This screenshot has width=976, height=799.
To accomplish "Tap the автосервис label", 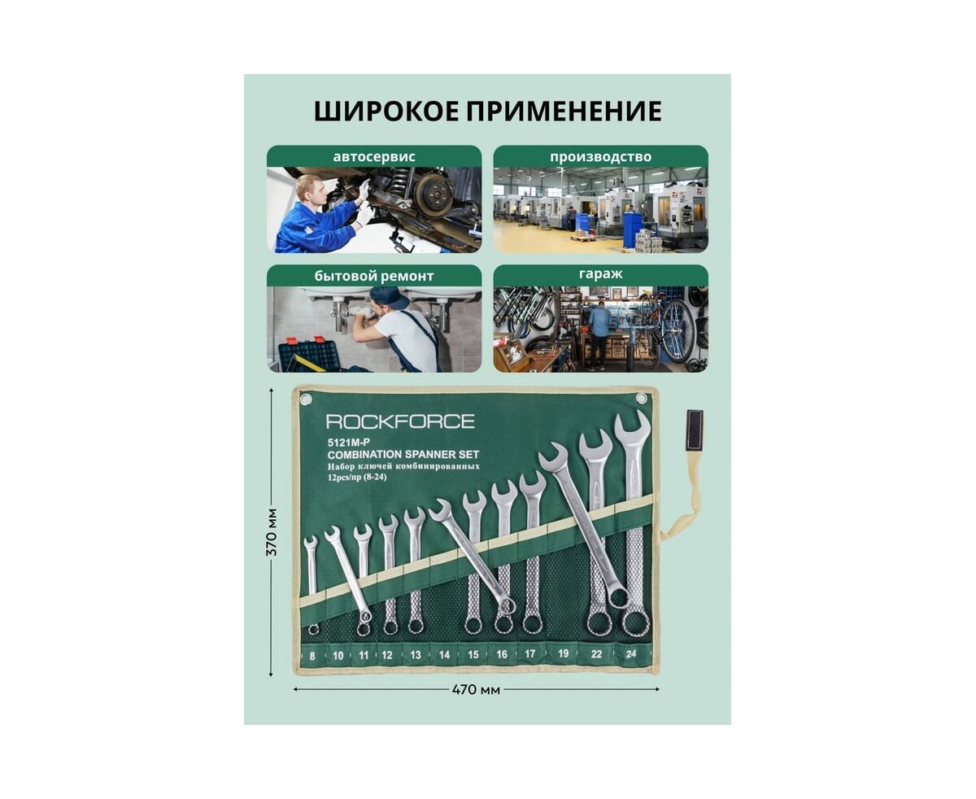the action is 374,156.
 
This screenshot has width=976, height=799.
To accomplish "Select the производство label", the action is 600,157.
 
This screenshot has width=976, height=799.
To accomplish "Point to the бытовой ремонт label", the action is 374,276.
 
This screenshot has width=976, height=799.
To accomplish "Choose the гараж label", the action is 600,274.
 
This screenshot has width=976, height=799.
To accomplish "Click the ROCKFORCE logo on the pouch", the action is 400,421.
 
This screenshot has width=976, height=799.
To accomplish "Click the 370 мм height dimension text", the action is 272,532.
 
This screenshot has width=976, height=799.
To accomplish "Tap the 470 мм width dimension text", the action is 476,689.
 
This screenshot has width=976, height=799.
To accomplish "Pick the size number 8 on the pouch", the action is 312,657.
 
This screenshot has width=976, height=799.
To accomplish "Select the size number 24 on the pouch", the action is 631,653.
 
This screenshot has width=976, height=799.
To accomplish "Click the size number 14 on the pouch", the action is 444,654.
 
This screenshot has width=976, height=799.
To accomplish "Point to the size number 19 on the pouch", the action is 563,653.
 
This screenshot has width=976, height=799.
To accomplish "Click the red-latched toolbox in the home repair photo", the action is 309,355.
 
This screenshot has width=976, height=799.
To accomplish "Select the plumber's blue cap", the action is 389,297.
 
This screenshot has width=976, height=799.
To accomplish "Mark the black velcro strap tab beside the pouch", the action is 694,430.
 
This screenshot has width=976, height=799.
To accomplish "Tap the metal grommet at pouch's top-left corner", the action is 305,399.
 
